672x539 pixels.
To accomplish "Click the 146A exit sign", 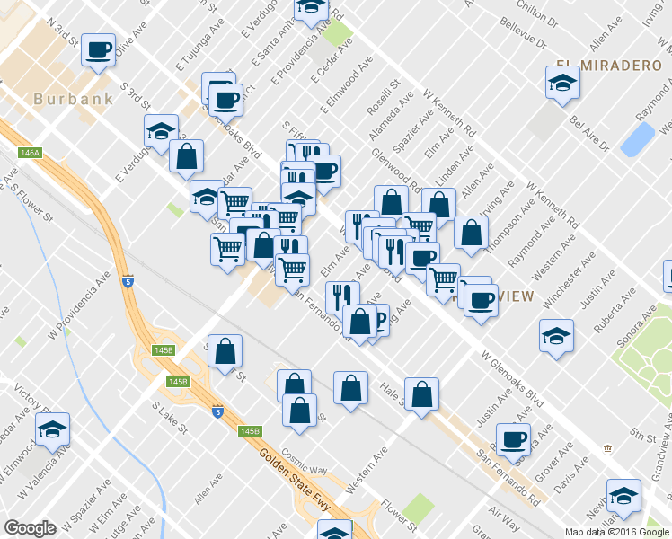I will tap(30, 154).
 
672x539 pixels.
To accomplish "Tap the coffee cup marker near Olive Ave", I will tap(98, 49).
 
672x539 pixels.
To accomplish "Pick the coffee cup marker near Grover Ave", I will tap(513, 439).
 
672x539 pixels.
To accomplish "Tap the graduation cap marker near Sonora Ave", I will tap(556, 337).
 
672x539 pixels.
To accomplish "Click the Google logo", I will tap(30, 528).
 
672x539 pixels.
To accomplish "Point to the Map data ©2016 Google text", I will tap(617, 532).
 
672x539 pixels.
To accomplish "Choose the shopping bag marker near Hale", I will tap(421, 393).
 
